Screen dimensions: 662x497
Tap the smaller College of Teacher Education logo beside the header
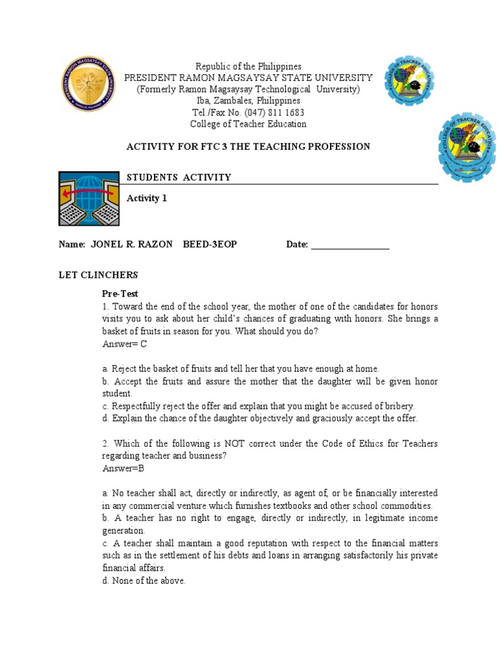coord(409,80)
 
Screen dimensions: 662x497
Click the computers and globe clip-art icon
coord(89,198)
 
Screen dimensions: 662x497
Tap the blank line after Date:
coord(350,246)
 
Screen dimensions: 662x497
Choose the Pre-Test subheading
coord(120,294)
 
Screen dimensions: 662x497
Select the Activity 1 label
coord(146,198)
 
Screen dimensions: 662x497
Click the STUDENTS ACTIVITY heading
coord(179,178)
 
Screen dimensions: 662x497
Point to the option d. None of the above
coord(144,581)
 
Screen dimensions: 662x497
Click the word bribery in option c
coord(397,406)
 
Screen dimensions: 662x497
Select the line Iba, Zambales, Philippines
coord(248,101)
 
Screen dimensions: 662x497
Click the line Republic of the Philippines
coord(248,67)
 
